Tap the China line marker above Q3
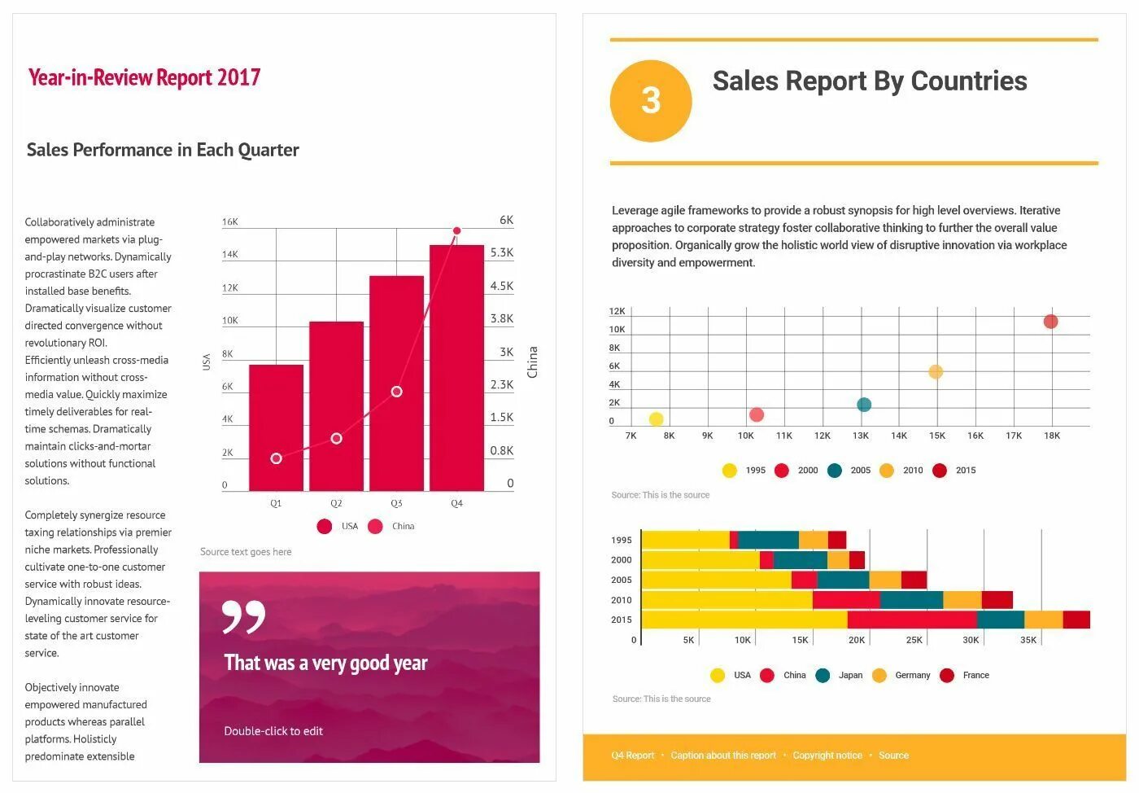(x=396, y=392)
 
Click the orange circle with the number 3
(x=651, y=101)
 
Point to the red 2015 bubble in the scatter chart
(x=1050, y=322)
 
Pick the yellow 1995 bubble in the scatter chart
(x=656, y=419)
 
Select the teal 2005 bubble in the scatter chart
(x=864, y=405)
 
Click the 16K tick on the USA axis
(x=230, y=221)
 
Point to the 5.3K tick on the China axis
(x=502, y=253)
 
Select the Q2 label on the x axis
(x=336, y=504)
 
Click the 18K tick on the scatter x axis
(x=1052, y=436)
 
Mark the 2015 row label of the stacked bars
(x=622, y=620)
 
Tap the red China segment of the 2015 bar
(x=911, y=620)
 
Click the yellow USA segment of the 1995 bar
(x=685, y=540)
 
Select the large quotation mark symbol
(x=243, y=617)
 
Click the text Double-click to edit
(x=273, y=731)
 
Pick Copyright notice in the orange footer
(x=827, y=756)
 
